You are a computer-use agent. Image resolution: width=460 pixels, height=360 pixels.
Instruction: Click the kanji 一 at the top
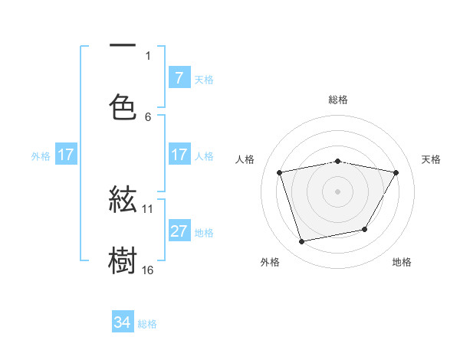123,46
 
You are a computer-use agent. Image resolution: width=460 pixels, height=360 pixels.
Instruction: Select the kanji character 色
123,107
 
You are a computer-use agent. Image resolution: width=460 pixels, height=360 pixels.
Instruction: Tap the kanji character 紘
123,201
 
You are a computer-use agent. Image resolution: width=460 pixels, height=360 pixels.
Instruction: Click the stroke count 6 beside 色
148,116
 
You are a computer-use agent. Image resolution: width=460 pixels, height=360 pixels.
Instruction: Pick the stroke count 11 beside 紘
148,208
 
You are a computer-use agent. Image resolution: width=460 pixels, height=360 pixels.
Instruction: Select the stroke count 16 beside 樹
148,270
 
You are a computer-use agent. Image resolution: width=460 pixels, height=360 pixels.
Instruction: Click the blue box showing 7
179,77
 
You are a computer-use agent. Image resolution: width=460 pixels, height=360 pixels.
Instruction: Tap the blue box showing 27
179,231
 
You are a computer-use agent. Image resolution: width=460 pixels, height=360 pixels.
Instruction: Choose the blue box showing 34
123,322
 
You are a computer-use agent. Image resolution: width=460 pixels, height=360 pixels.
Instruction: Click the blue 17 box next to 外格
66,154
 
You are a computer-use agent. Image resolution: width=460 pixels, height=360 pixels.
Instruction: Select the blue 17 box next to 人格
179,154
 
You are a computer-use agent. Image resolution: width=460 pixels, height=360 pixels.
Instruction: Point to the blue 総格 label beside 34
147,324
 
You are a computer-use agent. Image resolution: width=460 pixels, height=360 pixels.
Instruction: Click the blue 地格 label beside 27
204,232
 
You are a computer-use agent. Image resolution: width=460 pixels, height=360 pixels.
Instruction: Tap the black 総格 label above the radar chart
338,100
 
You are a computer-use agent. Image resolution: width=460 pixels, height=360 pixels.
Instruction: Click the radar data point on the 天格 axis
396,172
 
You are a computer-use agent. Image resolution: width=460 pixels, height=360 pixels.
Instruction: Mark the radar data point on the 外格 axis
302,241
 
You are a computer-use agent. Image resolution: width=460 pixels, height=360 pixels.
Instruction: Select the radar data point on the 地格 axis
365,229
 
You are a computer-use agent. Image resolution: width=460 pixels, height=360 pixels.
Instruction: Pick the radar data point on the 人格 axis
280,172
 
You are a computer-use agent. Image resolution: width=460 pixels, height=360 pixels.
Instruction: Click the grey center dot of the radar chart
338,191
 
